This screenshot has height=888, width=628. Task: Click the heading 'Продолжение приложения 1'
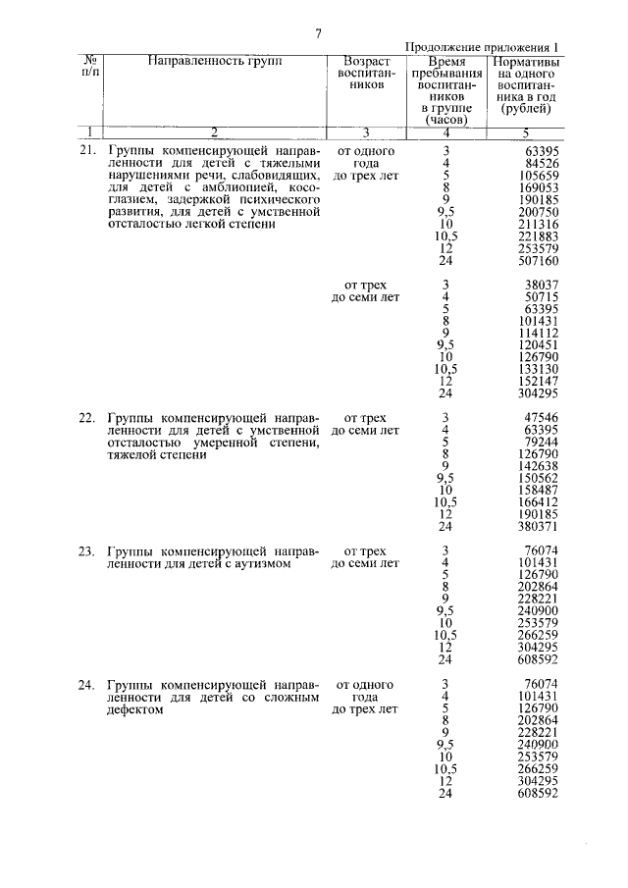pos(482,47)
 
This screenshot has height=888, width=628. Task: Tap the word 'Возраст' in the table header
pos(365,61)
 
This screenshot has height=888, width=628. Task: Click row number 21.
pos(86,151)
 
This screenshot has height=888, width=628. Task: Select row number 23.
pos(86,550)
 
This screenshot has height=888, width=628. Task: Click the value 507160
pos(537,262)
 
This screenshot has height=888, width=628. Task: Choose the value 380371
pos(537,525)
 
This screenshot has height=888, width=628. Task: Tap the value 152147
pos(537,381)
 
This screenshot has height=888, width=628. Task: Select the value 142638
pos(537,465)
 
